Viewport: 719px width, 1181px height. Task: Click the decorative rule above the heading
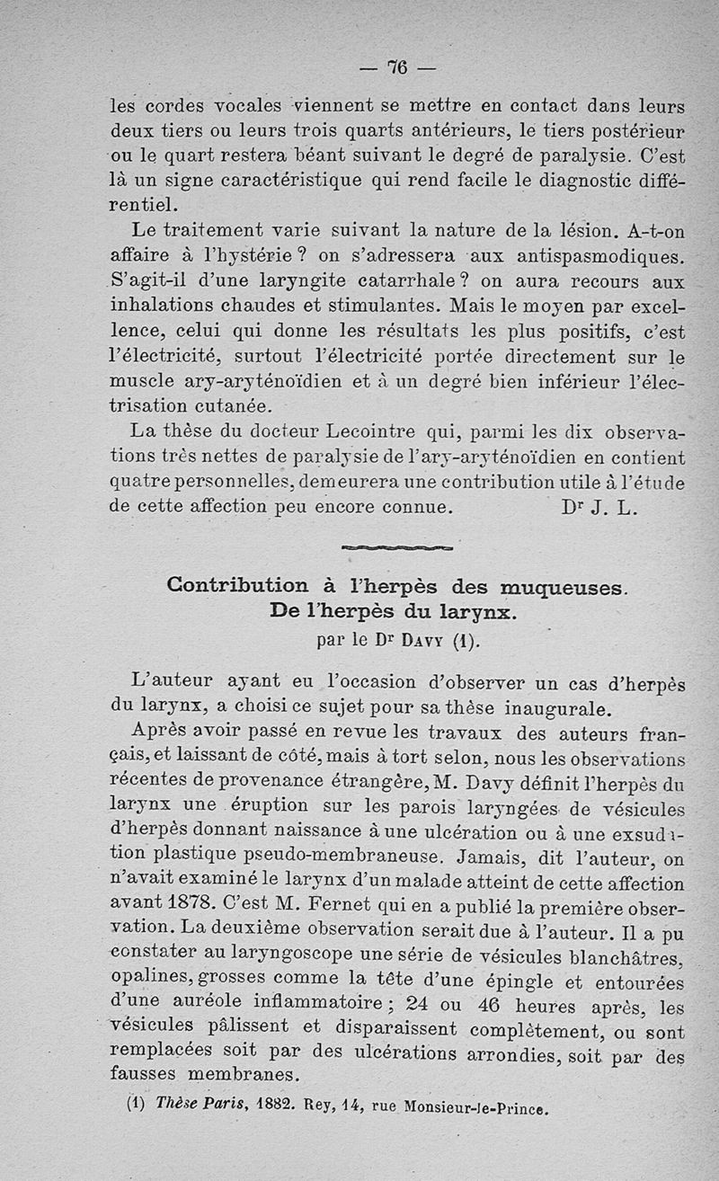coord(398,546)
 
